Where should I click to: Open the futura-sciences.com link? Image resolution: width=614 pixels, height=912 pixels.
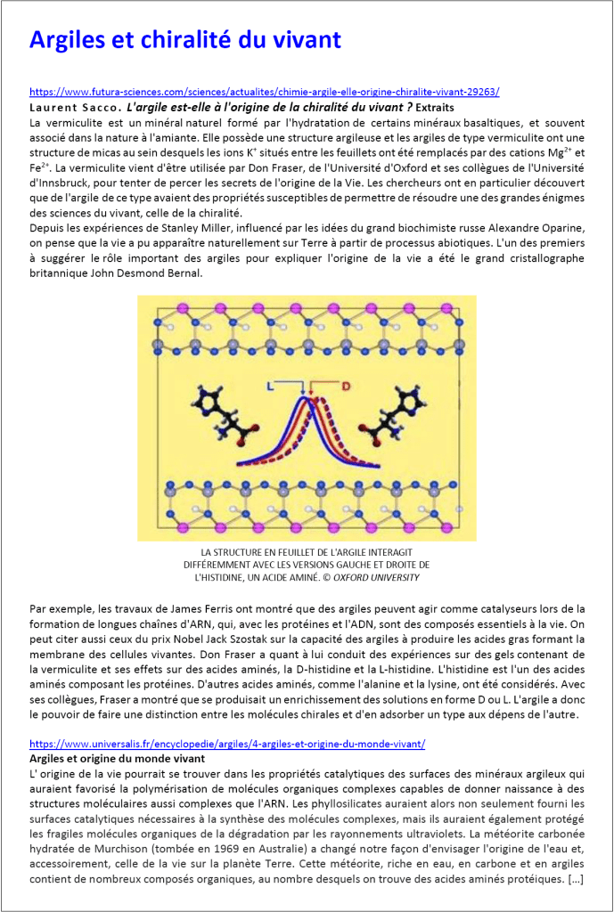(264, 92)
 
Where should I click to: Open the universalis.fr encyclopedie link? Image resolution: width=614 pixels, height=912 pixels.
(227, 744)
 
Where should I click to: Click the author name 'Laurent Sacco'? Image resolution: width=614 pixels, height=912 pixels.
(68, 107)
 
